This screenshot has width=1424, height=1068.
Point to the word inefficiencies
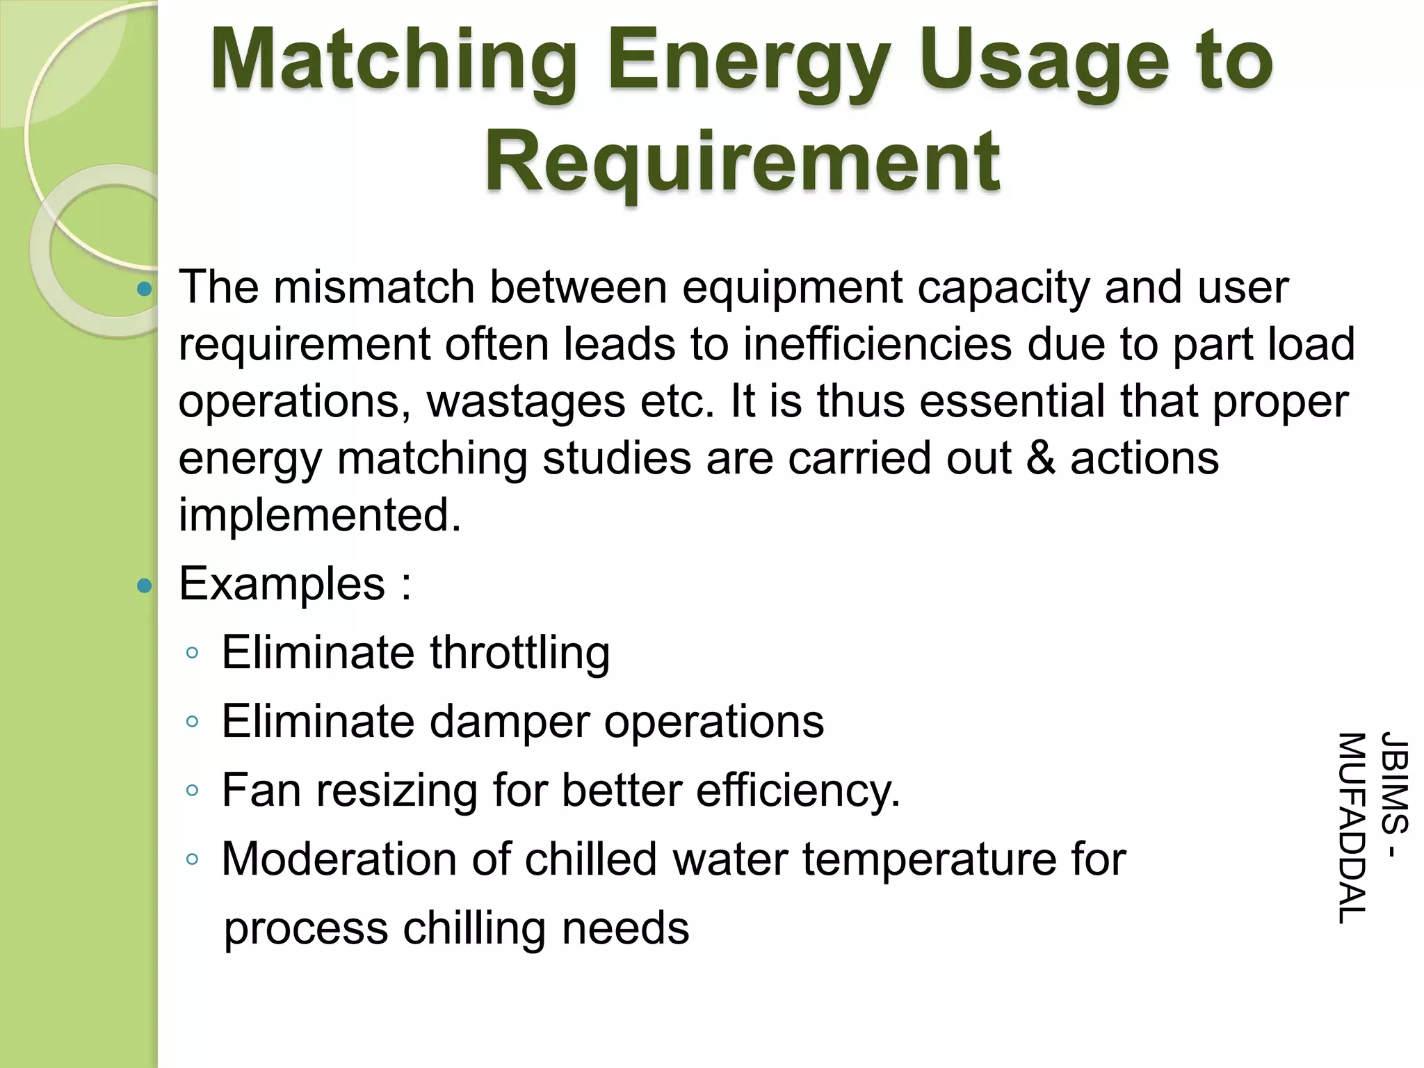[x=877, y=344]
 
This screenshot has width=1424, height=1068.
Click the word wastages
[x=526, y=401]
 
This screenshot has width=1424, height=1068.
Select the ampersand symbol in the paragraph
[x=1041, y=458]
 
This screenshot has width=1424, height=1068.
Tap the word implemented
[x=321, y=515]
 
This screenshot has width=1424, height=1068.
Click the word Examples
[x=282, y=583]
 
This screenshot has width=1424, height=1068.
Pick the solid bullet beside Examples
[x=145, y=585]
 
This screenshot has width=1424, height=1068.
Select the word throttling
[x=519, y=653]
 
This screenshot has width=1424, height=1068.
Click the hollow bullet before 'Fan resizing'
[x=193, y=790]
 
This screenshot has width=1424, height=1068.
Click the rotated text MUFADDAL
[x=1352, y=827]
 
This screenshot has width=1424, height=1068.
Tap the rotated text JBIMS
[x=1394, y=782]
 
